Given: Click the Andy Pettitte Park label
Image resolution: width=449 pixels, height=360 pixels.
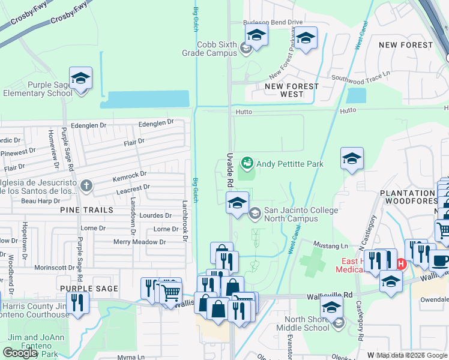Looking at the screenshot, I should pyautogui.click(x=290, y=164).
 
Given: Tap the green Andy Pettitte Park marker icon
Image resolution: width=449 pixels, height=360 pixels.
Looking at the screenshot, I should pyautogui.click(x=246, y=163).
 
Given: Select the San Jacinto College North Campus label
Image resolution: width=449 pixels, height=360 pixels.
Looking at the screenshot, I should pyautogui.click(x=301, y=214).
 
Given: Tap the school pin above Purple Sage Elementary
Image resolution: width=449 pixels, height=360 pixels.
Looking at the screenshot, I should pyautogui.click(x=80, y=79).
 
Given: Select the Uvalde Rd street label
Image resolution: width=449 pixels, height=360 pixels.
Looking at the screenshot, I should pyautogui.click(x=230, y=164).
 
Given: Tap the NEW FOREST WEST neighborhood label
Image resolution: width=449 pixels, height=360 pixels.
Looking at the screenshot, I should pyautogui.click(x=292, y=91).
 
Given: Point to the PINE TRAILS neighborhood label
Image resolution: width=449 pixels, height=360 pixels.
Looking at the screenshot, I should pyautogui.click(x=86, y=210).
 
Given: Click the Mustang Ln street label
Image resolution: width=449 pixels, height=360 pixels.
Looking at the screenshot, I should pyautogui.click(x=331, y=246).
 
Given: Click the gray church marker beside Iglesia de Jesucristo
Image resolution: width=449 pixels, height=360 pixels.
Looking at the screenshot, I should pyautogui.click(x=86, y=185).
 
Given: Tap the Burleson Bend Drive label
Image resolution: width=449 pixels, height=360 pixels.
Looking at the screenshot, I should pyautogui.click(x=273, y=22).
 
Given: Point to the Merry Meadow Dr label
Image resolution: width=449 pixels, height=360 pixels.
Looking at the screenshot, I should pyautogui.click(x=139, y=242).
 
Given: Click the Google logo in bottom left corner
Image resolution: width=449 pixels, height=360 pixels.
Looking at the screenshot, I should pyautogui.click(x=20, y=353).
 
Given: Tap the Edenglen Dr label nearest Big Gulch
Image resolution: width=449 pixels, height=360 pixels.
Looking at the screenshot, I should pyautogui.click(x=156, y=122).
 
